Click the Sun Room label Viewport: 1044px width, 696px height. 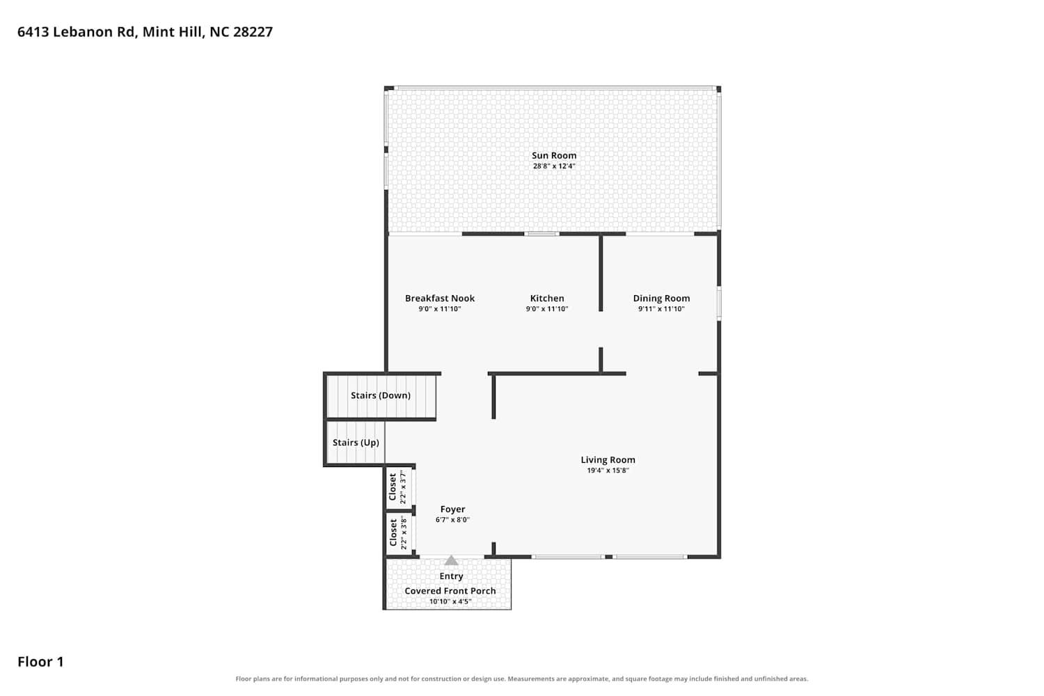[554, 155]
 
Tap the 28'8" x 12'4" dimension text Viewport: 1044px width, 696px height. [554, 166]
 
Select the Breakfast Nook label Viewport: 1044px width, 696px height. [439, 299]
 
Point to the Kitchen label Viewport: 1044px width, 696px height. [546, 299]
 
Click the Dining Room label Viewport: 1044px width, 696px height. [661, 299]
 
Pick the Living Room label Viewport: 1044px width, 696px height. [608, 459]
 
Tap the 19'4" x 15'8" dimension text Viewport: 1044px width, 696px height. [608, 470]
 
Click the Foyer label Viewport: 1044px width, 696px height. [452, 509]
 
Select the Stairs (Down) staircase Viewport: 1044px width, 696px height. [381, 396]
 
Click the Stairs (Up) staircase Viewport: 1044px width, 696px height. [356, 443]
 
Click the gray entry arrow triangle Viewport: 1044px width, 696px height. [451, 560]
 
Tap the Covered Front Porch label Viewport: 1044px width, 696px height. [450, 591]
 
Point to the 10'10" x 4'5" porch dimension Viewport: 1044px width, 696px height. [450, 601]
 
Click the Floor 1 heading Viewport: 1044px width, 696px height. [40, 661]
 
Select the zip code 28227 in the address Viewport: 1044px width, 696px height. [253, 32]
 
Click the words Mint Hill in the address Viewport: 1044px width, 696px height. [173, 32]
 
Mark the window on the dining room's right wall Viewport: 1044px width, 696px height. [719, 303]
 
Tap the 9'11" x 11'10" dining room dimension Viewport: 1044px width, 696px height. [661, 308]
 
